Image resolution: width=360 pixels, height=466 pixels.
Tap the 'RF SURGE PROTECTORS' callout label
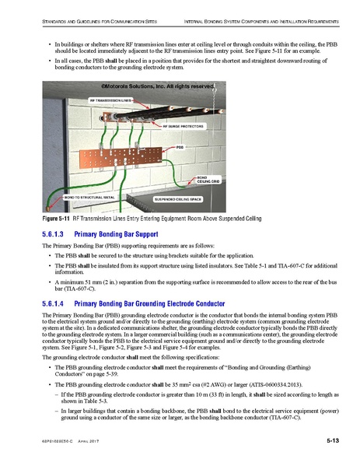point(183,125)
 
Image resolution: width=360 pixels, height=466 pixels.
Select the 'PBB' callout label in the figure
point(181,146)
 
